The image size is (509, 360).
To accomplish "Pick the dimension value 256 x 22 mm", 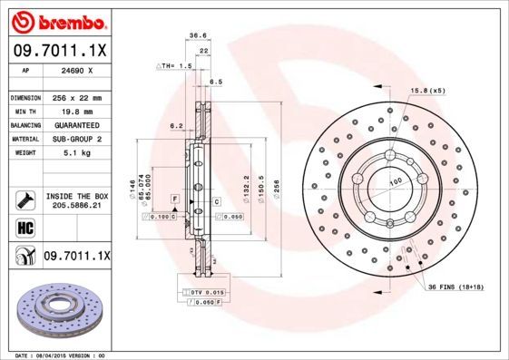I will click(x=76, y=97).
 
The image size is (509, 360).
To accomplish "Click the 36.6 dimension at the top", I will click(x=194, y=35).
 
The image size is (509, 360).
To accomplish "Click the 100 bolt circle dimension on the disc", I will click(x=396, y=183).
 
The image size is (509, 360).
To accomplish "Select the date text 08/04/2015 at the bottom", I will click(x=62, y=355).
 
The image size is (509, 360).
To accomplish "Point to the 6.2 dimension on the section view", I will click(x=177, y=126).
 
